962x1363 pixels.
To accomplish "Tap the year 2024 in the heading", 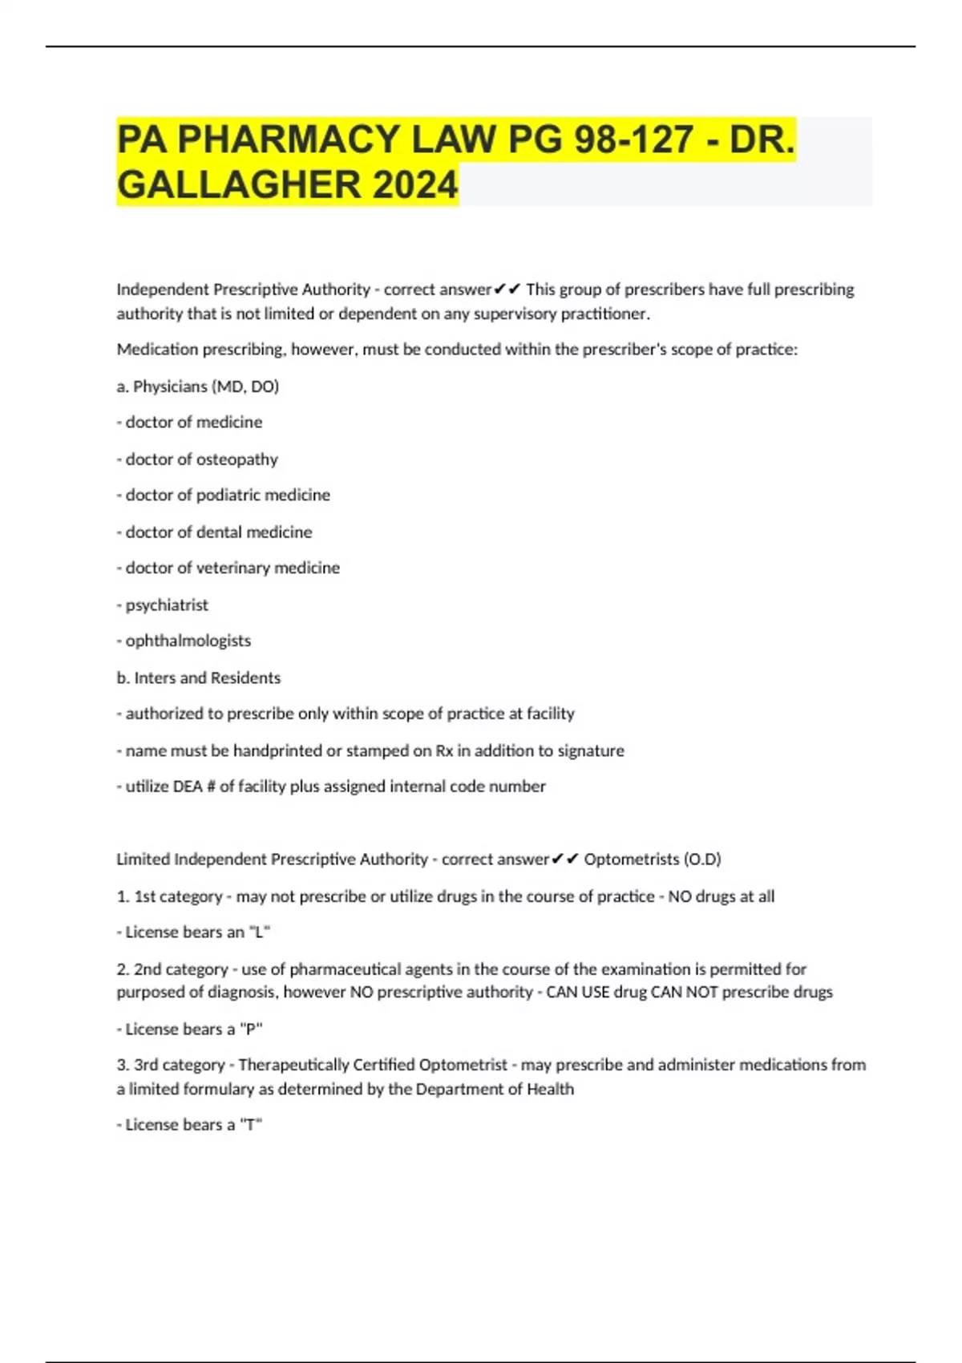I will point(414,185).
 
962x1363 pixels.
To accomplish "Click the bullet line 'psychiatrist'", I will point(166,605).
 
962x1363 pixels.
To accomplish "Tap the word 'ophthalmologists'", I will point(188,641).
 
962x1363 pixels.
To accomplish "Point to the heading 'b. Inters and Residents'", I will point(199,677).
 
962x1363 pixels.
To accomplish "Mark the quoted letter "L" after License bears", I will point(260,932).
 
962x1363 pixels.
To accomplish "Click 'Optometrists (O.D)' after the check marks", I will point(652,859).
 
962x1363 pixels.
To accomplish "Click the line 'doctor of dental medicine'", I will point(218,532).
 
